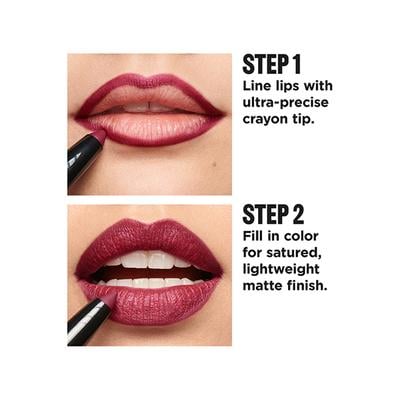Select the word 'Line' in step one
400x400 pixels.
(x=259, y=88)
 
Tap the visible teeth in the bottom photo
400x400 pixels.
(x=150, y=261)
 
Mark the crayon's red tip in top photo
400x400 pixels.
(x=100, y=134)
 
